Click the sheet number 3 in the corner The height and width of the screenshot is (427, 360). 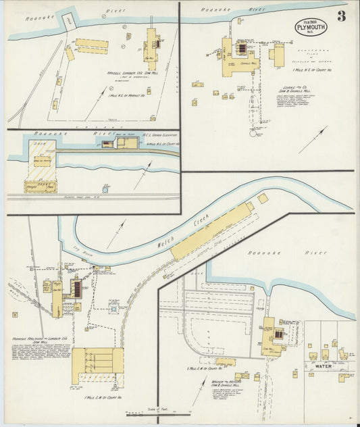pyautogui.click(x=342, y=17)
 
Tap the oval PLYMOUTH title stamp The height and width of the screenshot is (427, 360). pyautogui.click(x=311, y=28)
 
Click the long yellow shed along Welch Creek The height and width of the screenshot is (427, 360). pyautogui.click(x=209, y=233)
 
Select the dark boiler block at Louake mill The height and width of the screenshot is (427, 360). pyautogui.click(x=242, y=49)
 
